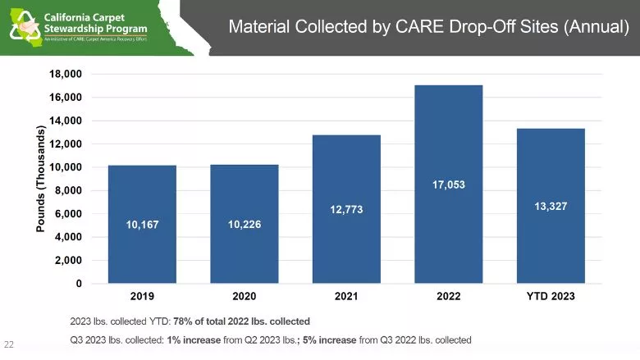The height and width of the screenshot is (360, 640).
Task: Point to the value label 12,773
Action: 346,211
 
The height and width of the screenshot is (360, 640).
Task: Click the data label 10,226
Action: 244,224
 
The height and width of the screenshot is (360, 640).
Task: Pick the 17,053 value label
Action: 448,185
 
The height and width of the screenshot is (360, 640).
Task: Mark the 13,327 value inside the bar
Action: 551,207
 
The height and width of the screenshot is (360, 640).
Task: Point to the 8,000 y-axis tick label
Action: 69,190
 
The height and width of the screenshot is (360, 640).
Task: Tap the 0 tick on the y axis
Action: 79,284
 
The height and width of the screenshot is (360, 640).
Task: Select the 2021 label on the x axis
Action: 346,296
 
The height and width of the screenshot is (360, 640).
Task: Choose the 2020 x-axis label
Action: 244,296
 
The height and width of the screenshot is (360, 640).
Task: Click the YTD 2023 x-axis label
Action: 551,296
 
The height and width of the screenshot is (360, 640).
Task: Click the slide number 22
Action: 10,344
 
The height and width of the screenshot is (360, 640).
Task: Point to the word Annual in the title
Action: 597,27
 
